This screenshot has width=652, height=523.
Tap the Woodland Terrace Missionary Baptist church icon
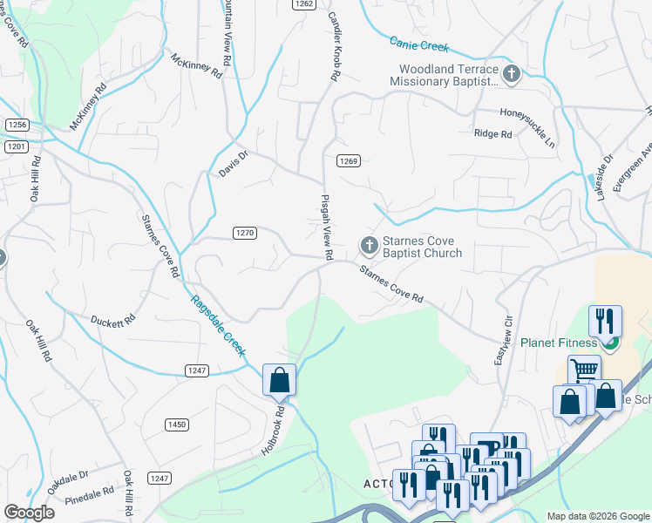point(512,75)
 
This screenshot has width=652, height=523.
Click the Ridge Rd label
point(492,134)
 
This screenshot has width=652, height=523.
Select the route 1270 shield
point(245,233)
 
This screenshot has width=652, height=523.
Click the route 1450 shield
point(177,425)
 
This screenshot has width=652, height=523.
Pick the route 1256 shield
point(17,126)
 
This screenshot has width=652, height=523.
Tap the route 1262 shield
point(303,4)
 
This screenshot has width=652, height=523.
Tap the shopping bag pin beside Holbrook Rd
point(279,380)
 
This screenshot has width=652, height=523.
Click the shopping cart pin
point(584,370)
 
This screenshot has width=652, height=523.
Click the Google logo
point(29,513)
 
